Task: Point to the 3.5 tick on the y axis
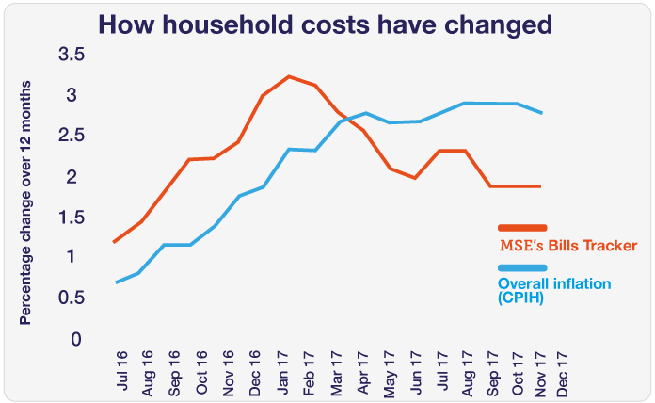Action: click(72, 56)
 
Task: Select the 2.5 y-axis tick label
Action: click(72, 137)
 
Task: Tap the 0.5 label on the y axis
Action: click(72, 298)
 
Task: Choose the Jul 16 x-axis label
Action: click(120, 369)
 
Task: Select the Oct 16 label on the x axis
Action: click(201, 369)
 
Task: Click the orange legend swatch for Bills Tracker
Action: click(522, 227)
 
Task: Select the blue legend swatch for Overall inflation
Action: click(522, 268)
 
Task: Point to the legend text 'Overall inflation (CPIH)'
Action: click(553, 290)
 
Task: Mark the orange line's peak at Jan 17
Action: click(288, 76)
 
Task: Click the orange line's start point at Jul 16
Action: click(114, 242)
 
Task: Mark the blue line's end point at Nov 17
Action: click(542, 113)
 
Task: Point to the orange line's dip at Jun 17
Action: click(415, 178)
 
